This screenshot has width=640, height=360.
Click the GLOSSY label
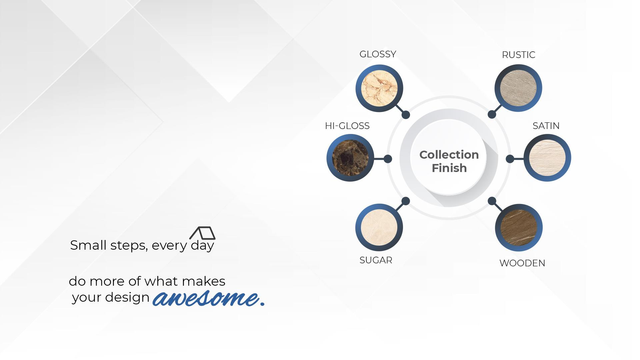click(x=378, y=54)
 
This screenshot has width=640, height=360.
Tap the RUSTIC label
click(x=518, y=55)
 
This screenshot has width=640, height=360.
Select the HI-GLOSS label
click(x=347, y=126)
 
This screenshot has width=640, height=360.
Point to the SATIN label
click(x=546, y=126)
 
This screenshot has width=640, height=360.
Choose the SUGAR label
click(x=376, y=260)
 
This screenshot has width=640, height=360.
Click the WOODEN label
click(x=522, y=263)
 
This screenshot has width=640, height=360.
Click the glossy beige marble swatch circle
click(x=379, y=88)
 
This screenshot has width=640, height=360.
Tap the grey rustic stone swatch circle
click(x=518, y=88)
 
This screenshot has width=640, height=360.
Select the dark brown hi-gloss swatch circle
click(x=350, y=158)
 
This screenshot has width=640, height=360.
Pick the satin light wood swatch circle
click(x=547, y=158)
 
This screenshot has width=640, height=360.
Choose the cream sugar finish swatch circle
click(x=379, y=227)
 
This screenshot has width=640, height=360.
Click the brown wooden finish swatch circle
click(x=519, y=228)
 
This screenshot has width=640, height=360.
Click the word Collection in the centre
click(x=449, y=155)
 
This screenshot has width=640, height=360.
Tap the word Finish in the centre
click(x=449, y=168)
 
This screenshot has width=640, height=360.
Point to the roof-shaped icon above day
click(x=202, y=233)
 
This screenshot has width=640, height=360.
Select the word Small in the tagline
click(x=88, y=245)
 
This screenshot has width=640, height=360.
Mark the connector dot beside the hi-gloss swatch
click(x=388, y=159)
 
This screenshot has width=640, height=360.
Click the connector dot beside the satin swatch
click(x=510, y=159)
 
